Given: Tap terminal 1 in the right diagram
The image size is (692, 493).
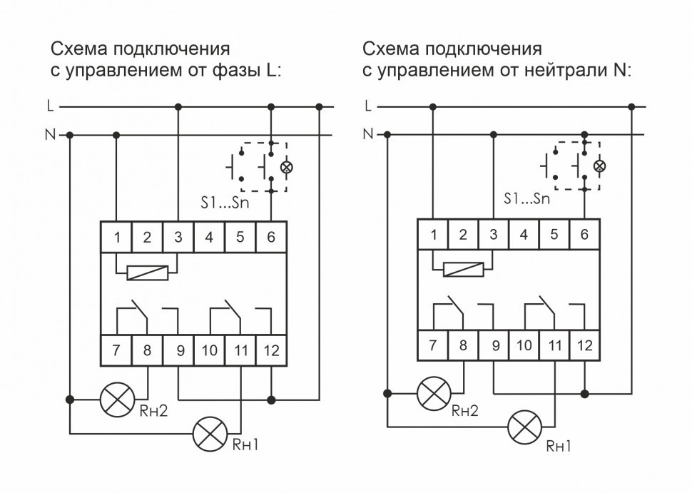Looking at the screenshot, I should (432, 235).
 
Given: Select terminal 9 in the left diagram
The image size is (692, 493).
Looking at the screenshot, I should (179, 350).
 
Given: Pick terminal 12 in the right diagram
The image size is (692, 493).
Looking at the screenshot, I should (584, 346).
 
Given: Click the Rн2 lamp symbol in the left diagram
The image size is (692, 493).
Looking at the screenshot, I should (115, 400).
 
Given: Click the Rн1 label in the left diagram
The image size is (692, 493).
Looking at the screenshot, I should (244, 445).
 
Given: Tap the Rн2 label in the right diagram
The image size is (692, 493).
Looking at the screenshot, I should (464, 412).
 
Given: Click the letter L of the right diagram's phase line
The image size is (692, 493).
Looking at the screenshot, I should (367, 106).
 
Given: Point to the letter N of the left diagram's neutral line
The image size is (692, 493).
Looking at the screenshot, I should (49, 134).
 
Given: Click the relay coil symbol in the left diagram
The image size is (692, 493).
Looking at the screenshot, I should (146, 272).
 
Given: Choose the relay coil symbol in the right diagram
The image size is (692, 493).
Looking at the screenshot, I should (463, 269).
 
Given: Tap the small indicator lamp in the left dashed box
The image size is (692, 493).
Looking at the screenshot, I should (288, 168).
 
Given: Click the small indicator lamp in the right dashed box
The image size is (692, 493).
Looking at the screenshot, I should (600, 166).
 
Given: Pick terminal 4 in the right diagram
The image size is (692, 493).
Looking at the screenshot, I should (524, 235).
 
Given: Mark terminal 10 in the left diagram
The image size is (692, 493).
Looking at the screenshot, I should (210, 350).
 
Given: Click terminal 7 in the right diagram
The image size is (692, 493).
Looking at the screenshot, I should (432, 346).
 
